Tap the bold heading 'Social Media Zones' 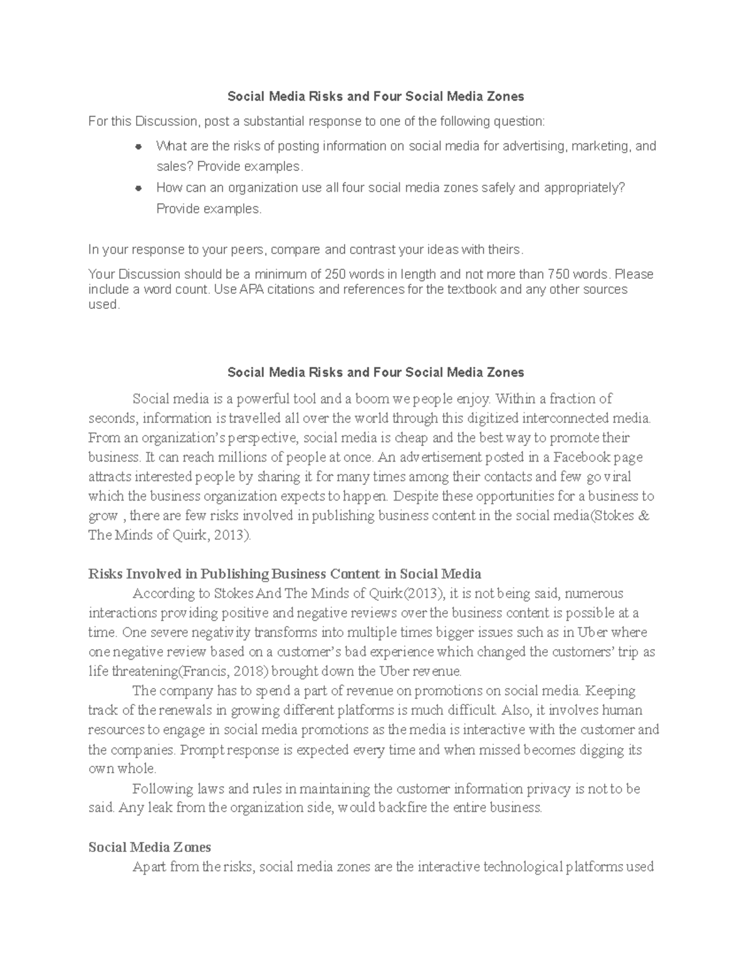pyautogui.click(x=150, y=847)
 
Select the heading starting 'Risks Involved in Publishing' pyautogui.click(x=285, y=574)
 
